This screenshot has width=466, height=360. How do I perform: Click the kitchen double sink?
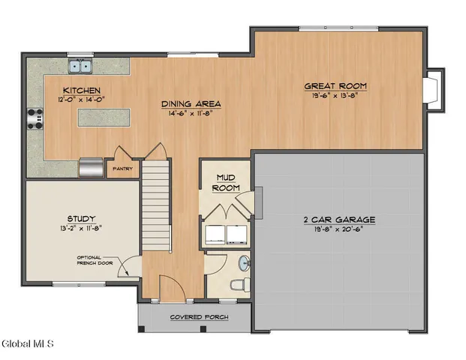click(81, 67)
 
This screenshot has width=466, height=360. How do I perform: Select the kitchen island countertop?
click(103, 117)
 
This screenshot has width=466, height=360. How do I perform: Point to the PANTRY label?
click(122, 169)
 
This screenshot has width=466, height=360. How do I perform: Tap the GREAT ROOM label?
click(335, 85)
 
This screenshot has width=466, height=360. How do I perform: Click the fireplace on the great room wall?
click(433, 89)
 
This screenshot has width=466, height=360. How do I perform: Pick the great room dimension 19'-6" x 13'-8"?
click(335, 95)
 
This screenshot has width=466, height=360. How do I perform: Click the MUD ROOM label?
click(225, 183)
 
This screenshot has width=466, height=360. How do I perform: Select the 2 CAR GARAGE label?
click(338, 220)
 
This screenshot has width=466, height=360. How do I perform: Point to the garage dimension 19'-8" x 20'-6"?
click(338, 229)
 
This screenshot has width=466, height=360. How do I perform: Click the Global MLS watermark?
click(28, 344)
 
